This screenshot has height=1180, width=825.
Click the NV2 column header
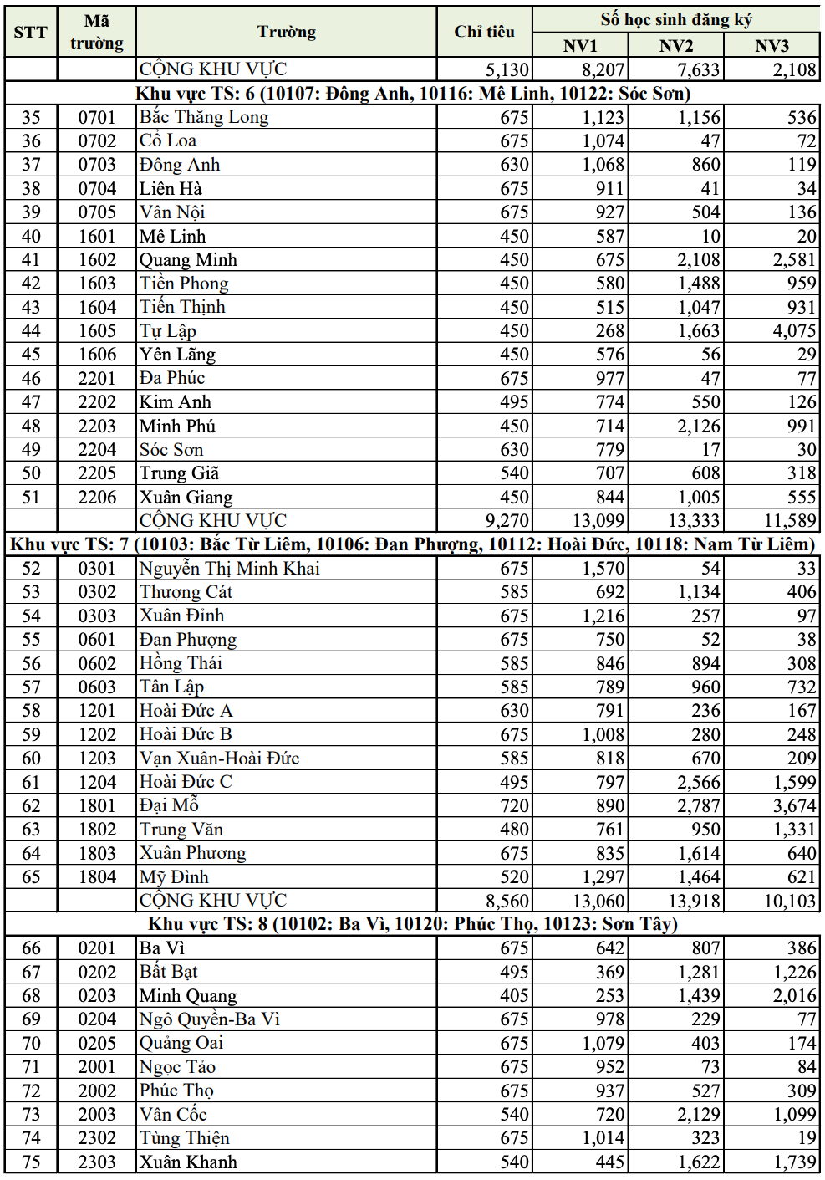(x=675, y=45)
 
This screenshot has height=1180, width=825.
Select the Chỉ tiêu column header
(x=484, y=32)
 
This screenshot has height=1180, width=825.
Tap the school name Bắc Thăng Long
(x=204, y=117)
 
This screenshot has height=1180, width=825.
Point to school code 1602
(x=97, y=260)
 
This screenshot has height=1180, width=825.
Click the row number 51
(x=31, y=498)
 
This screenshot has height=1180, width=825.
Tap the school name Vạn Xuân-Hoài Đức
(x=219, y=759)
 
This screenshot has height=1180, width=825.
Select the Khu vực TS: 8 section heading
(x=413, y=924)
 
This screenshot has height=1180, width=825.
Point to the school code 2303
(x=97, y=1162)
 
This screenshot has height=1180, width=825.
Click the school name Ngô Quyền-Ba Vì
(x=209, y=1019)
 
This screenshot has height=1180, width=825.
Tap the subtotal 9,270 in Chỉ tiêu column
(x=507, y=521)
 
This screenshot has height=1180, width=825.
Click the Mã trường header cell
(x=97, y=32)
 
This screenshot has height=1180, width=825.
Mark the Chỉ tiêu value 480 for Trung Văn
(x=514, y=830)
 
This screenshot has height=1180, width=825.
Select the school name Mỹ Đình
(x=174, y=877)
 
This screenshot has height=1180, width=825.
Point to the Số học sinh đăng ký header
(x=675, y=19)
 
